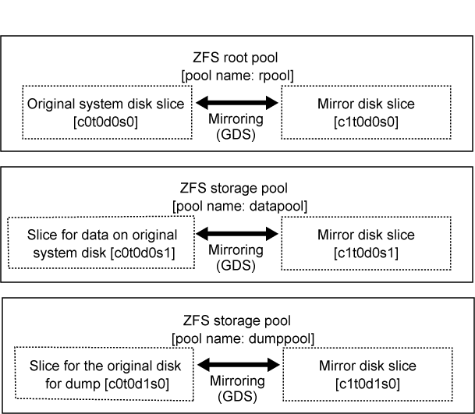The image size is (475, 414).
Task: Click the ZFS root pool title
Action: (236, 58)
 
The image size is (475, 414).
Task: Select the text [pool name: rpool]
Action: (237, 76)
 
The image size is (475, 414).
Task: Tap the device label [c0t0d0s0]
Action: (105, 122)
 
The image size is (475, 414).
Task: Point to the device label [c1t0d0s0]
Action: (366, 122)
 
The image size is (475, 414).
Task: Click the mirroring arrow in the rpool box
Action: (237, 103)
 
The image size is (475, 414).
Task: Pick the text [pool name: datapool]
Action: (239, 207)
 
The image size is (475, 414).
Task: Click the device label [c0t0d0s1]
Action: (143, 253)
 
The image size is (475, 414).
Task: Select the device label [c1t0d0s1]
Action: (366, 253)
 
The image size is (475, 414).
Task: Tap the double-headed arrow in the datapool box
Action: (237, 233)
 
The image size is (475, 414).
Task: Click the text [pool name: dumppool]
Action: (243, 338)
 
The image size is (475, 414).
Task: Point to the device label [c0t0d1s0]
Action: (137, 384)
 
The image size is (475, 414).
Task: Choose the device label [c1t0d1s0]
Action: (368, 384)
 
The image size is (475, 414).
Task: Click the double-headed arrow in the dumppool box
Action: (239, 365)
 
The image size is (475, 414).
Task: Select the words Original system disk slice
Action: (106, 104)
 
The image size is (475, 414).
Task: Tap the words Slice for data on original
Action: (102, 235)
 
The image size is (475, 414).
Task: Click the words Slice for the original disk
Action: (105, 366)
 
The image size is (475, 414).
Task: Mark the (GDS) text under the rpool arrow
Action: (236, 134)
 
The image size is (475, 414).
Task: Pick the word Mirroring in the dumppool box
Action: (237, 381)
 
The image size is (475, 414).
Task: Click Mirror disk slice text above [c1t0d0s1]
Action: (366, 235)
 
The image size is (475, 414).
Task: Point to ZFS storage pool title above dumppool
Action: (237, 320)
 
